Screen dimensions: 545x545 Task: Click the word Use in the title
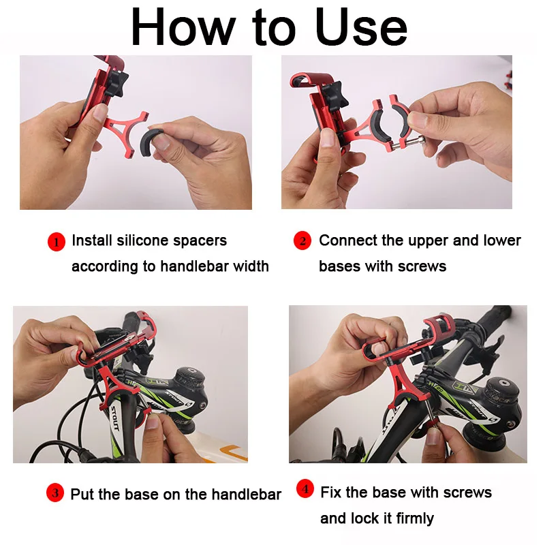coord(361,29)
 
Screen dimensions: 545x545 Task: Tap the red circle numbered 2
coord(302,241)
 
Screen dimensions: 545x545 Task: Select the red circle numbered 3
coord(54,494)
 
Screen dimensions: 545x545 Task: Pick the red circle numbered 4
coord(306,489)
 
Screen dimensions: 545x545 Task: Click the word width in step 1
coord(251,266)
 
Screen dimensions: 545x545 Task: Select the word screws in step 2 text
coord(422,266)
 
